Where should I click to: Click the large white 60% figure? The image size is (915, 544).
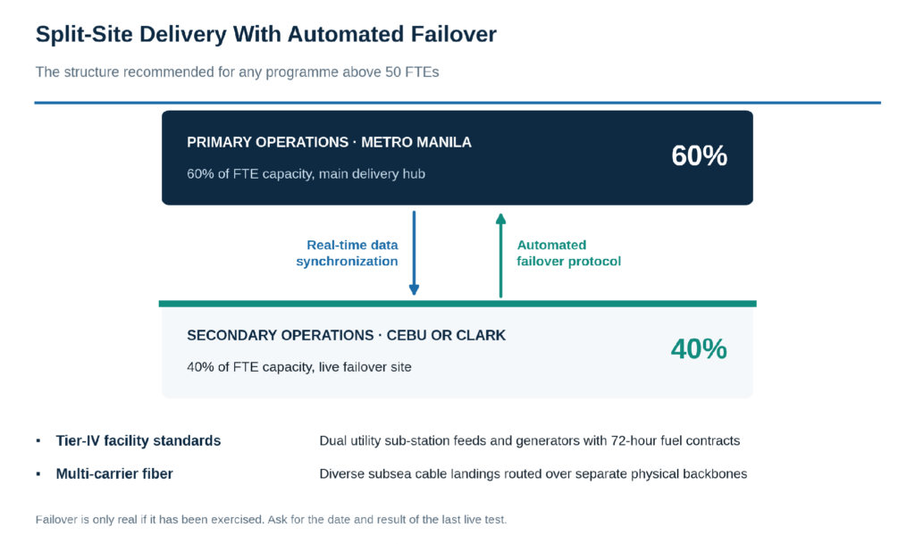pos(699,155)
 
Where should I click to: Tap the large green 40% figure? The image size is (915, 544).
pos(699,349)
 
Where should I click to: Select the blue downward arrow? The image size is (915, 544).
pos(415,253)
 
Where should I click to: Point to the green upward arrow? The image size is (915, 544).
pos(500,256)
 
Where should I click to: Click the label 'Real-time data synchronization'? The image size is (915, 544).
pos(348,253)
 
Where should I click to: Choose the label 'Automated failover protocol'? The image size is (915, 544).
pos(568,253)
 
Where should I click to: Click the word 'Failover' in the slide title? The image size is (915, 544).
pos(453,35)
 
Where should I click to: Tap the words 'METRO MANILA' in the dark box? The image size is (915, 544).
pos(416,142)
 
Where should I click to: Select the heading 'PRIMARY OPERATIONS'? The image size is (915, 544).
pos(267,142)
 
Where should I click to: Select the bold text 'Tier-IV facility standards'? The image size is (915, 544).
pos(139,440)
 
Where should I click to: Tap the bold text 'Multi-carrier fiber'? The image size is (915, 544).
pos(114,474)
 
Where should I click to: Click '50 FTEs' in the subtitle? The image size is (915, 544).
pos(412,72)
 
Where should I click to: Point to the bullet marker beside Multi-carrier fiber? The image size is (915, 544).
pos(38,474)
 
